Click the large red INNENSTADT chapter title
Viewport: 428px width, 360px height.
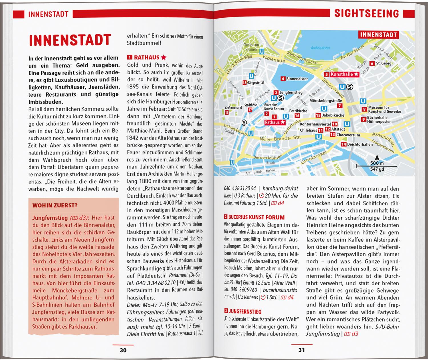pyautogui.click(x=70, y=40)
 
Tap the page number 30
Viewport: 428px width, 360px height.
pyautogui.click(x=123, y=350)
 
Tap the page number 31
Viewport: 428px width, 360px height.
pyautogui.click(x=302, y=350)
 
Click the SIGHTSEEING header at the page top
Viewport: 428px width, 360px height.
pyautogui.click(x=367, y=13)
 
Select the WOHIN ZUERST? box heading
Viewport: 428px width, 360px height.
pyautogui.click(x=55, y=205)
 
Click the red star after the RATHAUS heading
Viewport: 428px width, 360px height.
pyautogui.click(x=163, y=57)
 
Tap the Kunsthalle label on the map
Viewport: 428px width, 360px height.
pyautogui.click(x=342, y=74)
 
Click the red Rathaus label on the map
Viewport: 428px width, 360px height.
pyautogui.click(x=272, y=122)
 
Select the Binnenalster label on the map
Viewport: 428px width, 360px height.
pyautogui.click(x=297, y=79)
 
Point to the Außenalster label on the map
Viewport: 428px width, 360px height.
pyautogui.click(x=320, y=48)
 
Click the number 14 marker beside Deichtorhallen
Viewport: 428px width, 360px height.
pyautogui.click(x=344, y=144)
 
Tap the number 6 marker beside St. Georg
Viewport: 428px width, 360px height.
pyautogui.click(x=372, y=63)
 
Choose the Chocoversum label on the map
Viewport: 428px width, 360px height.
pyautogui.click(x=348, y=135)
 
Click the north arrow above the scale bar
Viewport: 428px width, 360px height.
pyautogui.click(x=377, y=157)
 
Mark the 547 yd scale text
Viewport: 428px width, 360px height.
pyautogui.click(x=377, y=169)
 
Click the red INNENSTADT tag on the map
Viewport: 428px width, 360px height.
pyautogui.click(x=378, y=35)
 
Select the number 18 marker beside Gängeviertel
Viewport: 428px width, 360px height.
pyautogui.click(x=244, y=83)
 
